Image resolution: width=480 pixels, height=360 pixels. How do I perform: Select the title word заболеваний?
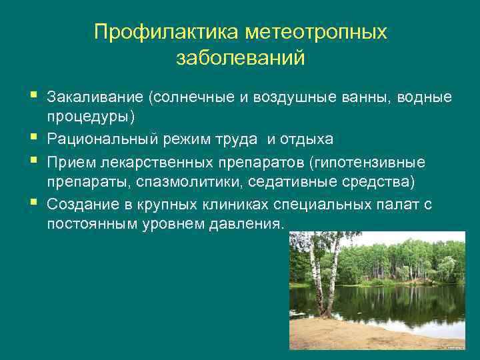241,58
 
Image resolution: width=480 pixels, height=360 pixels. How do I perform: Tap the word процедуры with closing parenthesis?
91,117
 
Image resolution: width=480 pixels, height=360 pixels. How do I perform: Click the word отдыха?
307,139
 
